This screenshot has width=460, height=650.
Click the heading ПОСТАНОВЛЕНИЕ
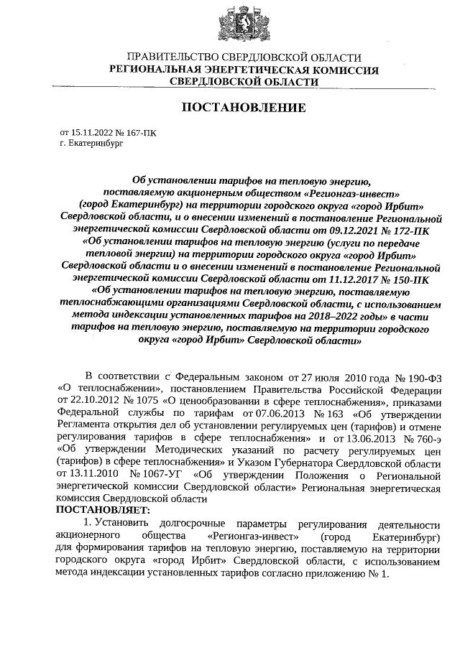[x=242, y=108]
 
